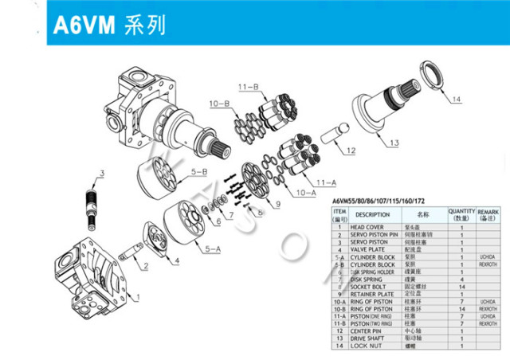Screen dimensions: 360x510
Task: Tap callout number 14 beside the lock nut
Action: click(x=456, y=100)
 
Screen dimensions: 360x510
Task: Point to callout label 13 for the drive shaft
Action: click(x=394, y=143)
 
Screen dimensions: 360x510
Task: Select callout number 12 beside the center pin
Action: click(x=350, y=150)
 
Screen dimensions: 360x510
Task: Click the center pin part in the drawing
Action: click(x=332, y=132)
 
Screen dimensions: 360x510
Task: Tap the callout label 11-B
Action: click(x=247, y=85)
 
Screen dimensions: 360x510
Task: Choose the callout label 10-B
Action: click(x=219, y=104)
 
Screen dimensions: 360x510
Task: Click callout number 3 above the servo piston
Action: click(x=101, y=173)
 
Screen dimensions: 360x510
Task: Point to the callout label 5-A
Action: click(x=213, y=249)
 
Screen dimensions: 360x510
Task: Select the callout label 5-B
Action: click(x=199, y=171)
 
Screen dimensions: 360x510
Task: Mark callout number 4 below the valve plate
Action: click(x=176, y=260)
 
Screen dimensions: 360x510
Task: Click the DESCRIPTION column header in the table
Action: click(x=372, y=214)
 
